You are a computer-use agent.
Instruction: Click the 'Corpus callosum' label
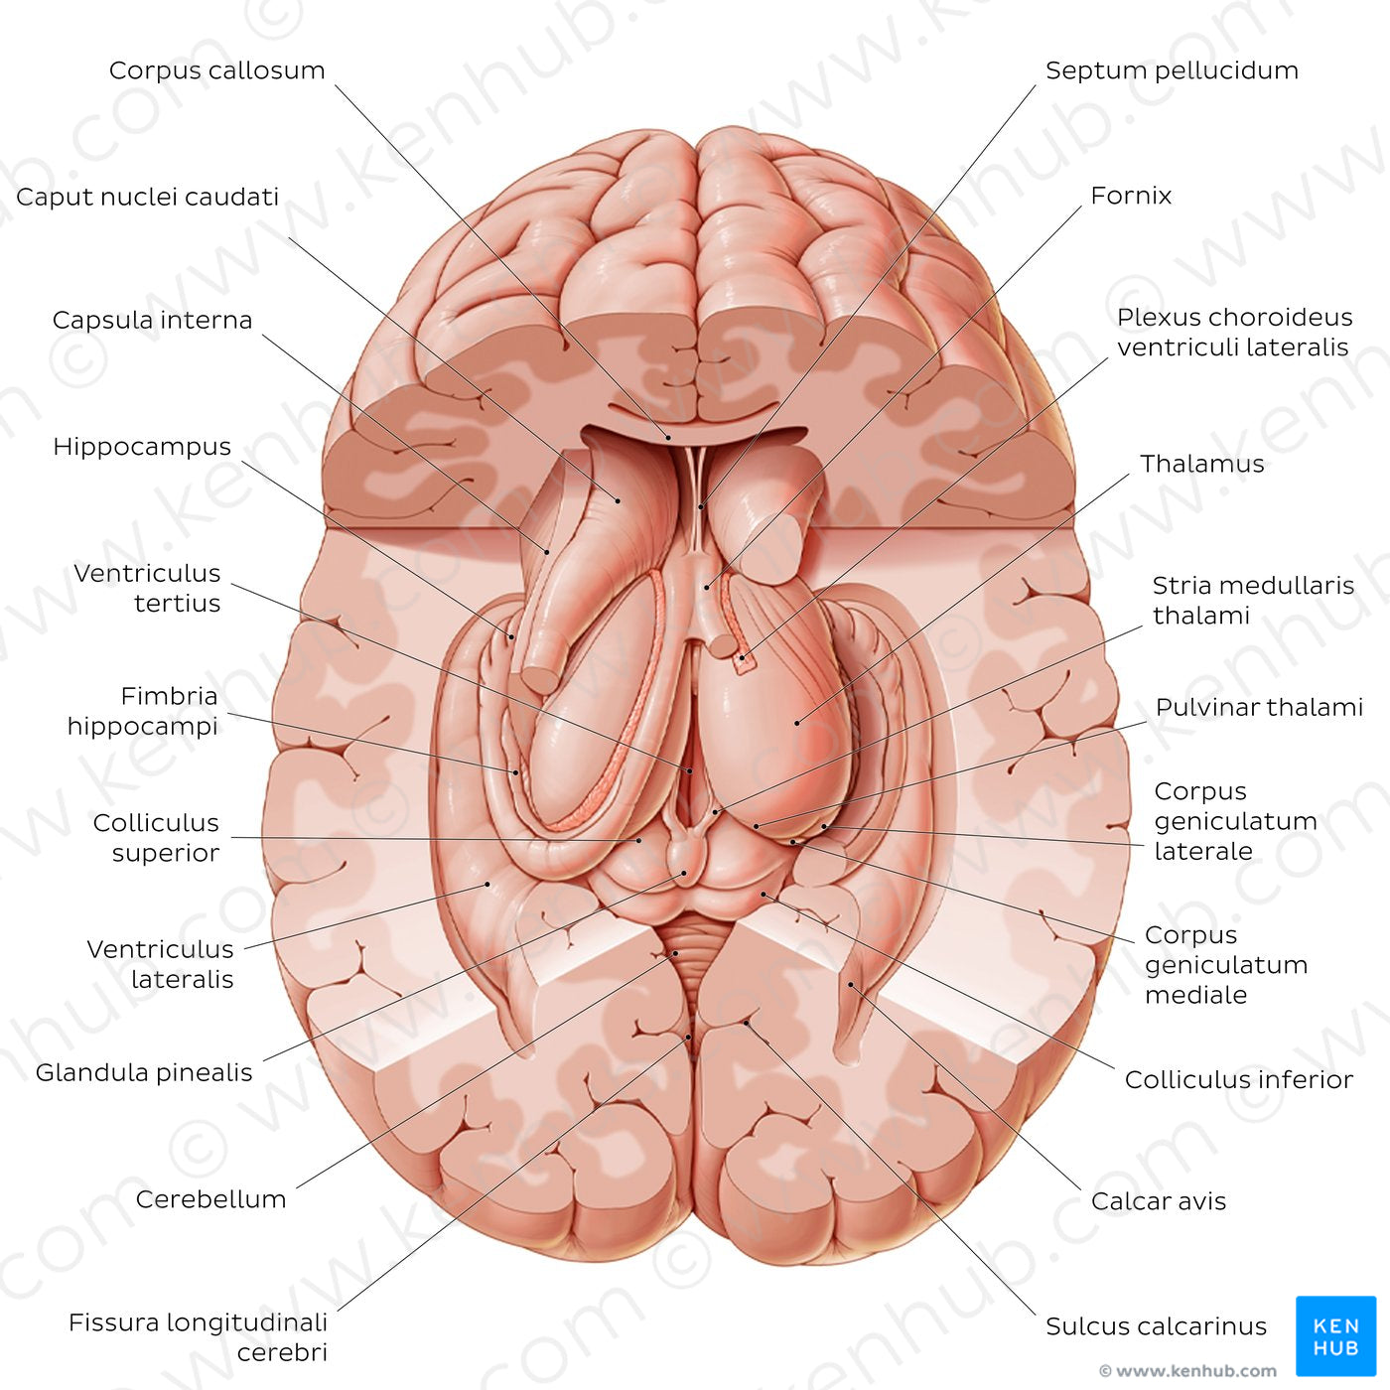tap(217, 70)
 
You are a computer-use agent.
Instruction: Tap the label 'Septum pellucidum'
tap(1172, 70)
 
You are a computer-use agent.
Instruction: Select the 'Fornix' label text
tap(1130, 196)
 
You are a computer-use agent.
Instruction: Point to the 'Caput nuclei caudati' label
tap(147, 197)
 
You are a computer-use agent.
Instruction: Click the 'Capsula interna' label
tap(152, 321)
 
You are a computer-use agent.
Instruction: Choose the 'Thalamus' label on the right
tap(1201, 464)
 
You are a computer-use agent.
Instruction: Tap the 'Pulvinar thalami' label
tap(1259, 708)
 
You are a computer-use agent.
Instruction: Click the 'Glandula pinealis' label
tap(144, 1072)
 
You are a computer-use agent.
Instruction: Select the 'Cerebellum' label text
tap(210, 1198)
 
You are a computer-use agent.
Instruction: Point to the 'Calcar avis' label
tap(1159, 1201)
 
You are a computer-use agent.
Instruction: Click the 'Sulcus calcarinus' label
tap(1157, 1325)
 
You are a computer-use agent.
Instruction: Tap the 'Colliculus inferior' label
tap(1238, 1080)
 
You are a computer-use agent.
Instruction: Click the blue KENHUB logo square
tap(1336, 1336)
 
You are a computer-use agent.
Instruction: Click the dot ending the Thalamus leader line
tap(797, 723)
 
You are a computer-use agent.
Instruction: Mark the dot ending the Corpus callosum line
tap(668, 437)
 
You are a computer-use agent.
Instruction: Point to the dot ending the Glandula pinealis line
tap(684, 873)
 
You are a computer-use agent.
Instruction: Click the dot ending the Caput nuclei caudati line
tap(618, 499)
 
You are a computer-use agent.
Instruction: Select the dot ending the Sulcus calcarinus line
tap(747, 1023)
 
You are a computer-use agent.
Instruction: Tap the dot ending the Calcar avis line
tap(851, 984)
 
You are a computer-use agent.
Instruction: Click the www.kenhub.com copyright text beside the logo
tap(1187, 1370)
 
